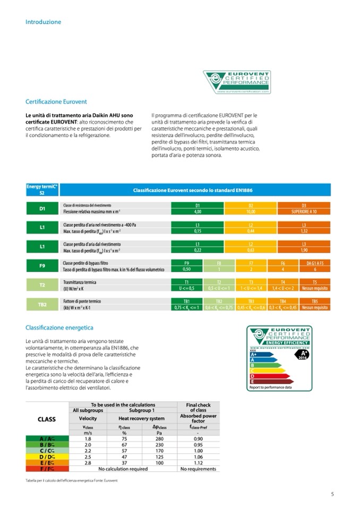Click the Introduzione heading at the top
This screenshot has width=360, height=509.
[x=44, y=22]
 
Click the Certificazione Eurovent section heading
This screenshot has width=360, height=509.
[x=56, y=101]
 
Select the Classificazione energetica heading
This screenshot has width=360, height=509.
[x=59, y=327]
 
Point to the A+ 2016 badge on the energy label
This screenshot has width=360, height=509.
[x=303, y=354]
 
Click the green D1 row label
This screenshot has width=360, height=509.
[x=42, y=208]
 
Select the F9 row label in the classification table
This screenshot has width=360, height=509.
[x=42, y=266]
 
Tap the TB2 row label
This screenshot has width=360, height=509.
[x=42, y=304]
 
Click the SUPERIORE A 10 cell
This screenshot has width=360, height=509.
[x=304, y=211]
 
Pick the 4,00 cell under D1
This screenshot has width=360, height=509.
[x=198, y=211]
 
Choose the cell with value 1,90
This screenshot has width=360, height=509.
[x=304, y=250]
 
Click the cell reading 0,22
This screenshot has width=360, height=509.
[x=198, y=250]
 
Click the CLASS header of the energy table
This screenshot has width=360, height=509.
[x=47, y=419]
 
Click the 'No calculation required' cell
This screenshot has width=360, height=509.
[x=123, y=469]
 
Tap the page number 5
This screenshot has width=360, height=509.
[x=332, y=495]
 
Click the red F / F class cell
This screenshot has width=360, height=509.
[x=47, y=469]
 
